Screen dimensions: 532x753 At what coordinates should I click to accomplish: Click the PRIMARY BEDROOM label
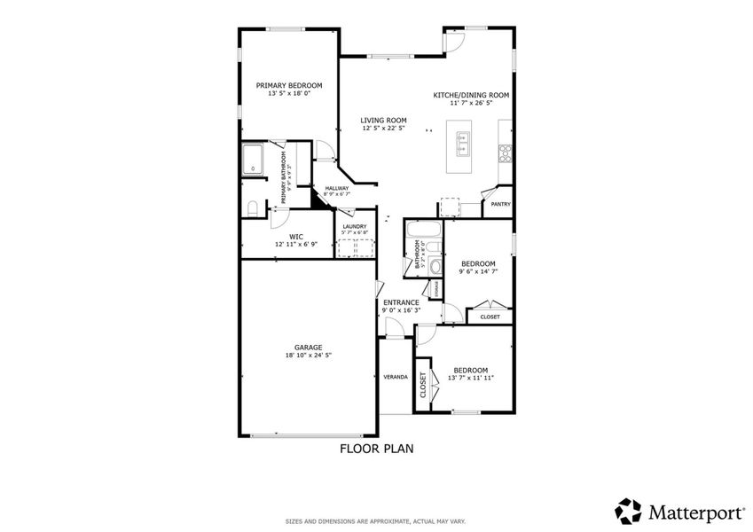tap(289, 85)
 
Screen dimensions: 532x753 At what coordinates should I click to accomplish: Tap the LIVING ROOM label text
tap(383, 120)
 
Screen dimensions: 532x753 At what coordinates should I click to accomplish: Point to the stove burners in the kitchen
tap(506, 153)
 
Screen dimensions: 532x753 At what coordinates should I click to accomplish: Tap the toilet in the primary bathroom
tap(252, 208)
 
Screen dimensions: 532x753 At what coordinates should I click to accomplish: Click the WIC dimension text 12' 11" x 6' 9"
tap(295, 244)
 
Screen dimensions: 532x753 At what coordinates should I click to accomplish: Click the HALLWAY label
tap(336, 188)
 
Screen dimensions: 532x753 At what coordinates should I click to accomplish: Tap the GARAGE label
tap(308, 347)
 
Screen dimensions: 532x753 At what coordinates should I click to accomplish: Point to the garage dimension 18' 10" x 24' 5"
tap(308, 355)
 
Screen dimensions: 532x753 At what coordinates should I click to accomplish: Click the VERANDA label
tap(396, 377)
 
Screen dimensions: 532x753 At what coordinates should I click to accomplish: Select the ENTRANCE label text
tap(401, 302)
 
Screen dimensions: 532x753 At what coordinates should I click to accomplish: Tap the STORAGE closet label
tap(435, 289)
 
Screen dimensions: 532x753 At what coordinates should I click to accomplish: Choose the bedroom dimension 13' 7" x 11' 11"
tap(470, 378)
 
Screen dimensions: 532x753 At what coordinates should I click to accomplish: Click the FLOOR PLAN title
tap(376, 449)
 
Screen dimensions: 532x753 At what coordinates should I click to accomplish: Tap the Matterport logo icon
tap(629, 511)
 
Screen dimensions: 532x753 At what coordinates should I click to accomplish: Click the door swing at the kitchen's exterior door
tap(452, 40)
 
